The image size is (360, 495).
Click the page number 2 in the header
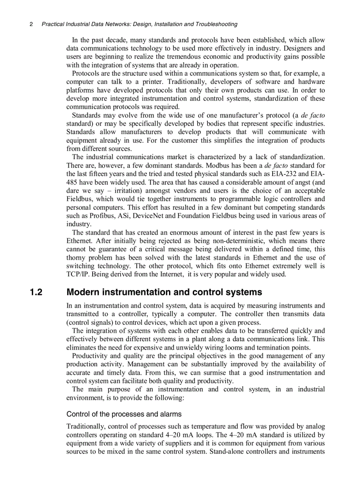[x=31, y=24]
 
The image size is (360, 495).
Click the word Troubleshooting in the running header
[x=214, y=24]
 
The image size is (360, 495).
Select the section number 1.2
[x=36, y=292]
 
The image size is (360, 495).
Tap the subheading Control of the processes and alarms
[x=124, y=414]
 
